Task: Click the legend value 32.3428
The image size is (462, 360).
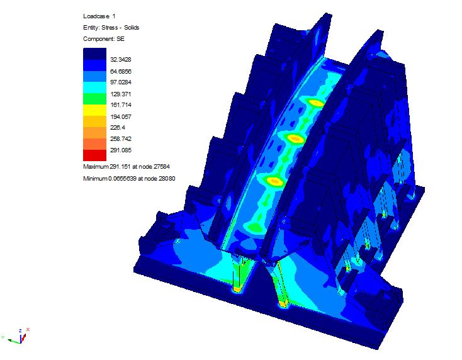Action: (x=120, y=60)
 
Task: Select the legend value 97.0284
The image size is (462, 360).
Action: (x=121, y=82)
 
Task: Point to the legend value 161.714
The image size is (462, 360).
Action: (x=121, y=105)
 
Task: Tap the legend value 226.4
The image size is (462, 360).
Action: (x=118, y=127)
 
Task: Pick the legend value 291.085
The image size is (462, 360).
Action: (x=121, y=150)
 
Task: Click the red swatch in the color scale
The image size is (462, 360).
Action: (x=94, y=155)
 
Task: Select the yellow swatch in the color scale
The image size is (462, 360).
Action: (x=94, y=110)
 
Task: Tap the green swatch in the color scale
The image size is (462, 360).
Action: (x=94, y=99)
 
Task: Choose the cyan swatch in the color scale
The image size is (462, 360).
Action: (x=94, y=87)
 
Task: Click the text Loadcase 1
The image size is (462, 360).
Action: (x=99, y=16)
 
